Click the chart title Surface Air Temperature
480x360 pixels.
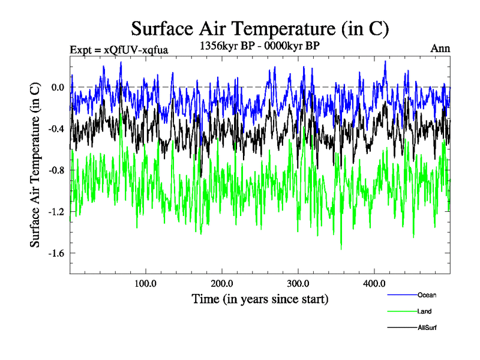(x=260, y=29)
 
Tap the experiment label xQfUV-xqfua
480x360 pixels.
(x=118, y=49)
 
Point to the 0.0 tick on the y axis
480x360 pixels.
(x=58, y=88)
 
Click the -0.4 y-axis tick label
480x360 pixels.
(x=56, y=129)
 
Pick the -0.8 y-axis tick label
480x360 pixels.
(x=56, y=170)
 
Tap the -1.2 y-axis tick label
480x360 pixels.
(x=56, y=212)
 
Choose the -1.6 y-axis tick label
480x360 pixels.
(x=56, y=253)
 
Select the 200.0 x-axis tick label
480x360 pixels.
(x=222, y=283)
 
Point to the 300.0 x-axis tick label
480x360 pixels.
(x=298, y=283)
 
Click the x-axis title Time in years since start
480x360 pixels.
(x=260, y=298)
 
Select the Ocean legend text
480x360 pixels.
(x=427, y=295)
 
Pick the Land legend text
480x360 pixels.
(x=424, y=311)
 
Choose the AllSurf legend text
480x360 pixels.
(x=427, y=328)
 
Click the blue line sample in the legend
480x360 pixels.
(x=403, y=295)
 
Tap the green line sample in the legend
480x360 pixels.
(x=403, y=311)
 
